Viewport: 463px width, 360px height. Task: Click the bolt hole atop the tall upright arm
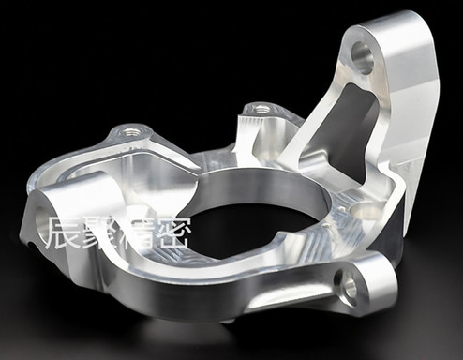pos(363,59)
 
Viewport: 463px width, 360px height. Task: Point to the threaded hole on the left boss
pos(129,131)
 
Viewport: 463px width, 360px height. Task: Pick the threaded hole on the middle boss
pos(259,109)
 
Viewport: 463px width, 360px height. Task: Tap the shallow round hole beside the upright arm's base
pos(366,211)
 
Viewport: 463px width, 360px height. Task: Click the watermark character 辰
pos(63,232)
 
